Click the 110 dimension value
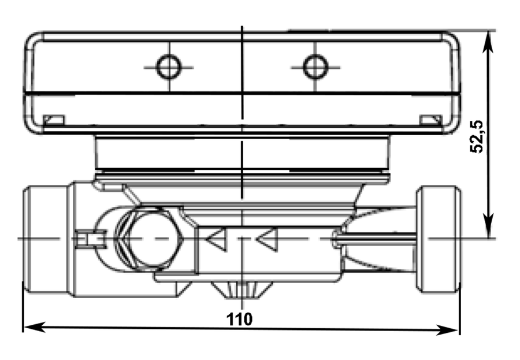coord(239,319)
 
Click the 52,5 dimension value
coord(478,136)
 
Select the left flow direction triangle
coord(216,239)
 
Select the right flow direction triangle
coord(266,239)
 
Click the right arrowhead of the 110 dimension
coord(447,330)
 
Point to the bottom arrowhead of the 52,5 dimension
coord(488,227)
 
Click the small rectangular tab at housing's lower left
coord(54,120)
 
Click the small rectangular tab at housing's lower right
coord(431,120)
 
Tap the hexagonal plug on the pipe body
coord(148,238)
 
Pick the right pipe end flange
coord(439,239)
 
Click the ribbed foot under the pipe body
coord(242,290)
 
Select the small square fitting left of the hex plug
coord(90,239)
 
